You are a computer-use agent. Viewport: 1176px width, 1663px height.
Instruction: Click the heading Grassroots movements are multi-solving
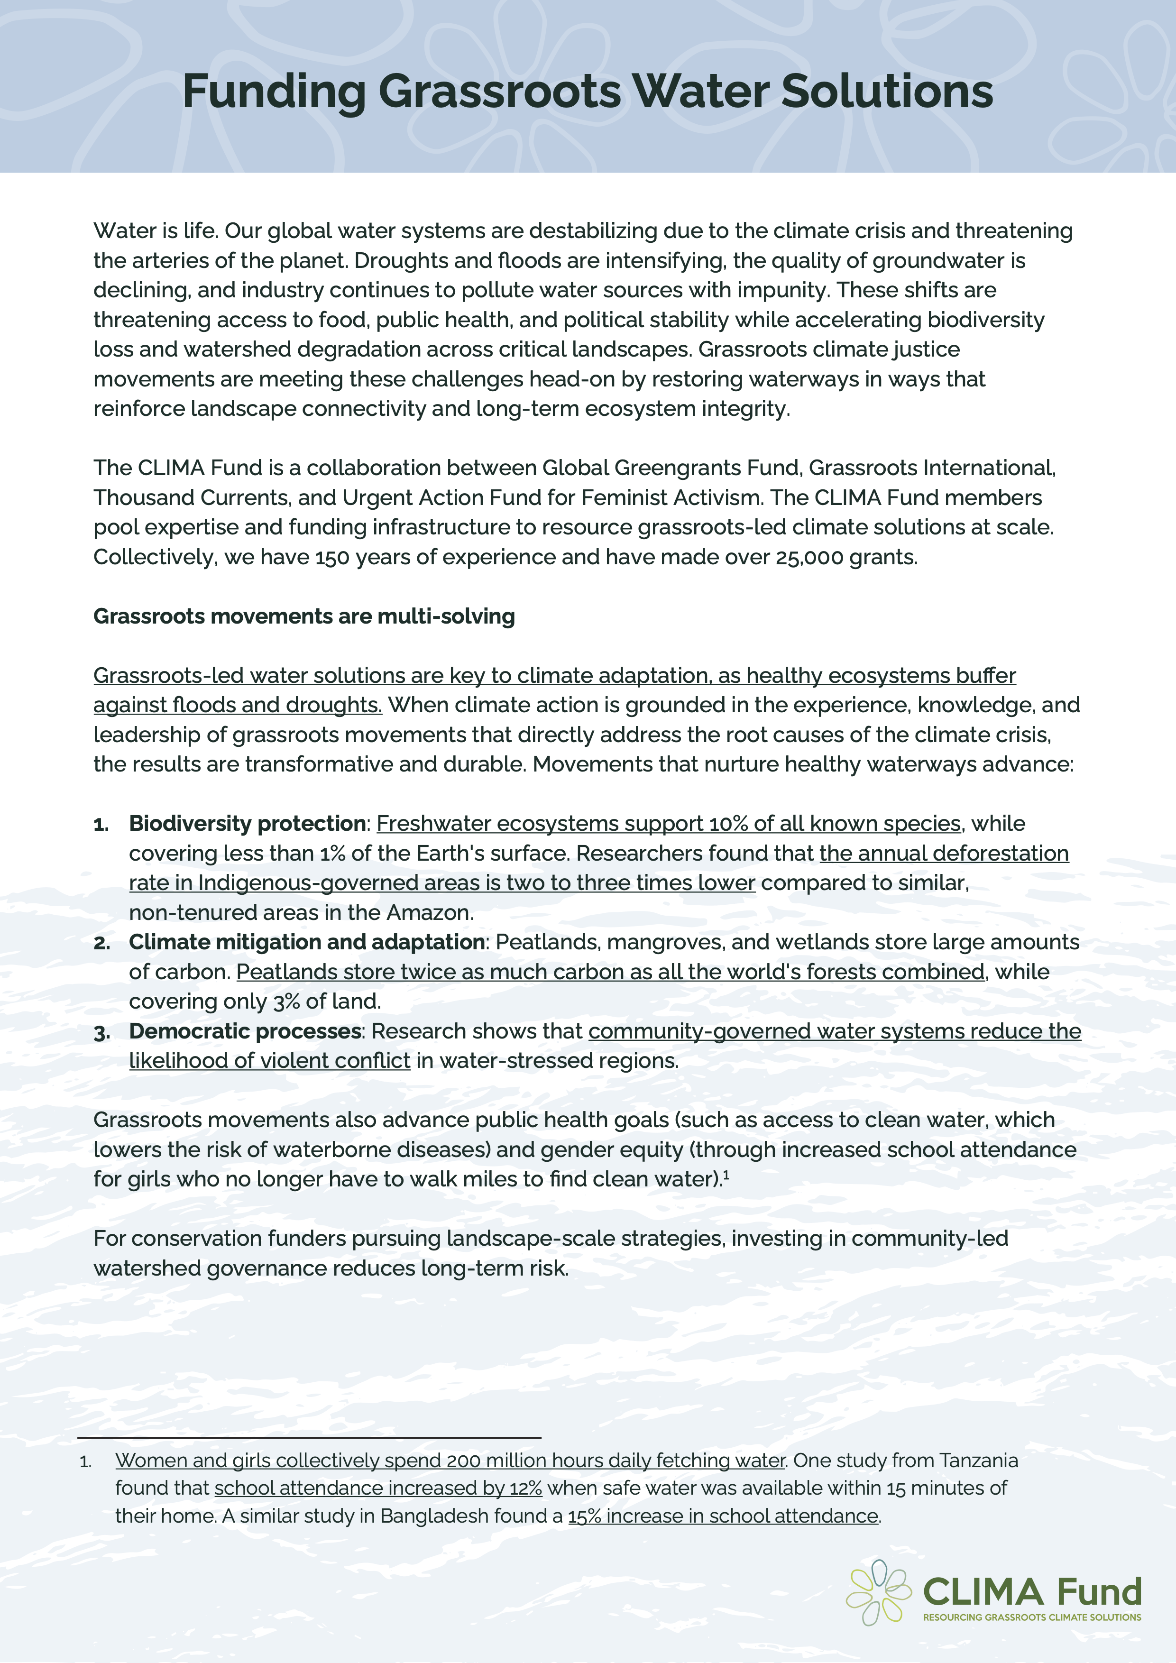click(x=304, y=616)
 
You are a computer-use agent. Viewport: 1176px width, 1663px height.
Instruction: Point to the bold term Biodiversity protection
click(x=247, y=824)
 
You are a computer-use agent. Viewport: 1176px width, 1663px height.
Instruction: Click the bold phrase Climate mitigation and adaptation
click(x=307, y=942)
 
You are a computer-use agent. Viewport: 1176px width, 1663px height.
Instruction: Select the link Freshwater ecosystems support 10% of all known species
click(x=669, y=824)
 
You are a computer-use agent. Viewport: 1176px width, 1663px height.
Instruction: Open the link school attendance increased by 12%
click(x=378, y=1488)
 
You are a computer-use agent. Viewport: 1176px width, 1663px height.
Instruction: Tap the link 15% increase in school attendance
click(x=723, y=1516)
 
